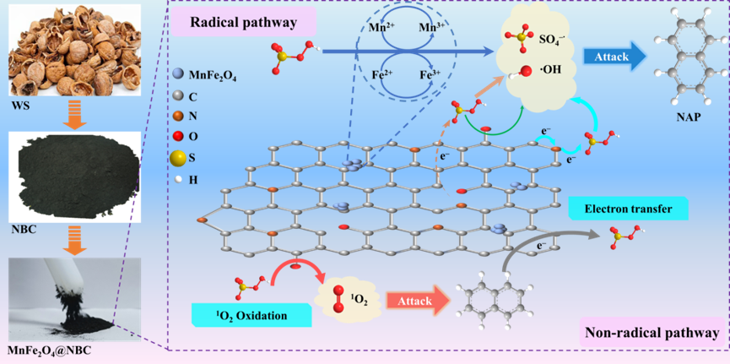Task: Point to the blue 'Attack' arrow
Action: click(x=615, y=57)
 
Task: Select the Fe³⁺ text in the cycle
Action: click(x=434, y=75)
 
